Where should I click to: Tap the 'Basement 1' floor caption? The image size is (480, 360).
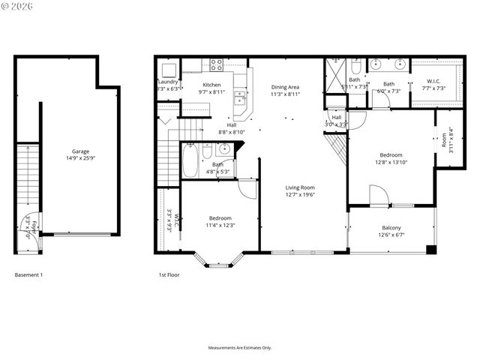coord(29,275)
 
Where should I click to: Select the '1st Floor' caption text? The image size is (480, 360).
coord(169,275)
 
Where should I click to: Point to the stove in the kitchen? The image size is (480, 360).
coord(216,65)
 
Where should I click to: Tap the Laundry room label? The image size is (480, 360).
coord(167,82)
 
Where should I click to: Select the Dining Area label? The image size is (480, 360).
coord(285,87)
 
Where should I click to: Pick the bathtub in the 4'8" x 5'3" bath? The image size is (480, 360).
coord(190,160)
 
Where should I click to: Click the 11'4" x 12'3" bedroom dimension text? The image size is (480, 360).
coord(220,225)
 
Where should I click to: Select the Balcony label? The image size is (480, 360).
coord(391,228)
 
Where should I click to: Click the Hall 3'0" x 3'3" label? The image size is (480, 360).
coord(337,121)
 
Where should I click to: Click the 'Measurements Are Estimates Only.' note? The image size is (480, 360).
coord(239,348)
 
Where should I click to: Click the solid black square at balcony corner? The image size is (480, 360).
coord(430,248)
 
